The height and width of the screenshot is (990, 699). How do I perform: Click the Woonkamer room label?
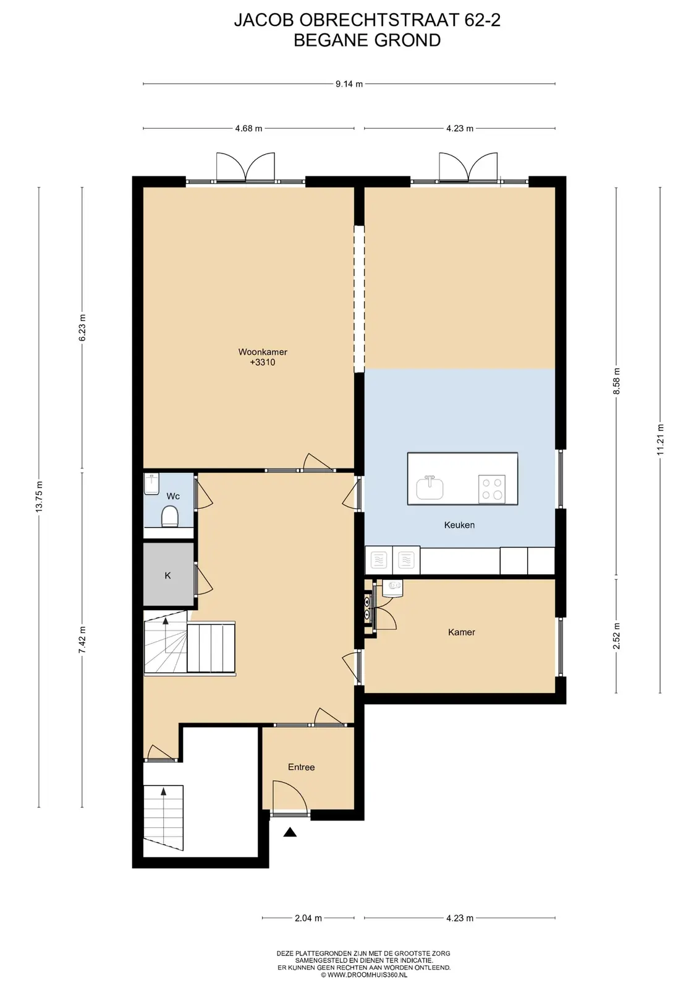263,352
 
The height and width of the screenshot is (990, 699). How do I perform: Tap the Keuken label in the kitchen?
459,525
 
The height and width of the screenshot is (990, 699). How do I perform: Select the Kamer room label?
462,632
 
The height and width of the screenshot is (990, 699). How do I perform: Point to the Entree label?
301,767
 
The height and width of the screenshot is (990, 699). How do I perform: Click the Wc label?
173,496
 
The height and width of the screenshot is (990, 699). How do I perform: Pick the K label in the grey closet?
167,575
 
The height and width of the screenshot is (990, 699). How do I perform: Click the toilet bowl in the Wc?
169,516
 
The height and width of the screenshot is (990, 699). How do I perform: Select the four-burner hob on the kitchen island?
492,489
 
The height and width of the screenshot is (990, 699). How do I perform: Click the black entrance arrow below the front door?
290,832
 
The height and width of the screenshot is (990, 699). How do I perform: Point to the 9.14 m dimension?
349,84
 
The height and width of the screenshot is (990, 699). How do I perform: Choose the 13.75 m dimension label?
39,496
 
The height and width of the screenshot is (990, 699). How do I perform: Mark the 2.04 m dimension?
308,918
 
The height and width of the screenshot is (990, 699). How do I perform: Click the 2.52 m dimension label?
616,636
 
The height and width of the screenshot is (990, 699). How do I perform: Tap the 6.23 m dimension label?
82,327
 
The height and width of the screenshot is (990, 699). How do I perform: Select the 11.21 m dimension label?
660,440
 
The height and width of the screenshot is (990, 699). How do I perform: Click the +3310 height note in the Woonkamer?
263,363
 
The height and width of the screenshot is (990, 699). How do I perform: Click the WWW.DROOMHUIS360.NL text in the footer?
367,975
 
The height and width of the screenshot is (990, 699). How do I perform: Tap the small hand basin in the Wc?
151,484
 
